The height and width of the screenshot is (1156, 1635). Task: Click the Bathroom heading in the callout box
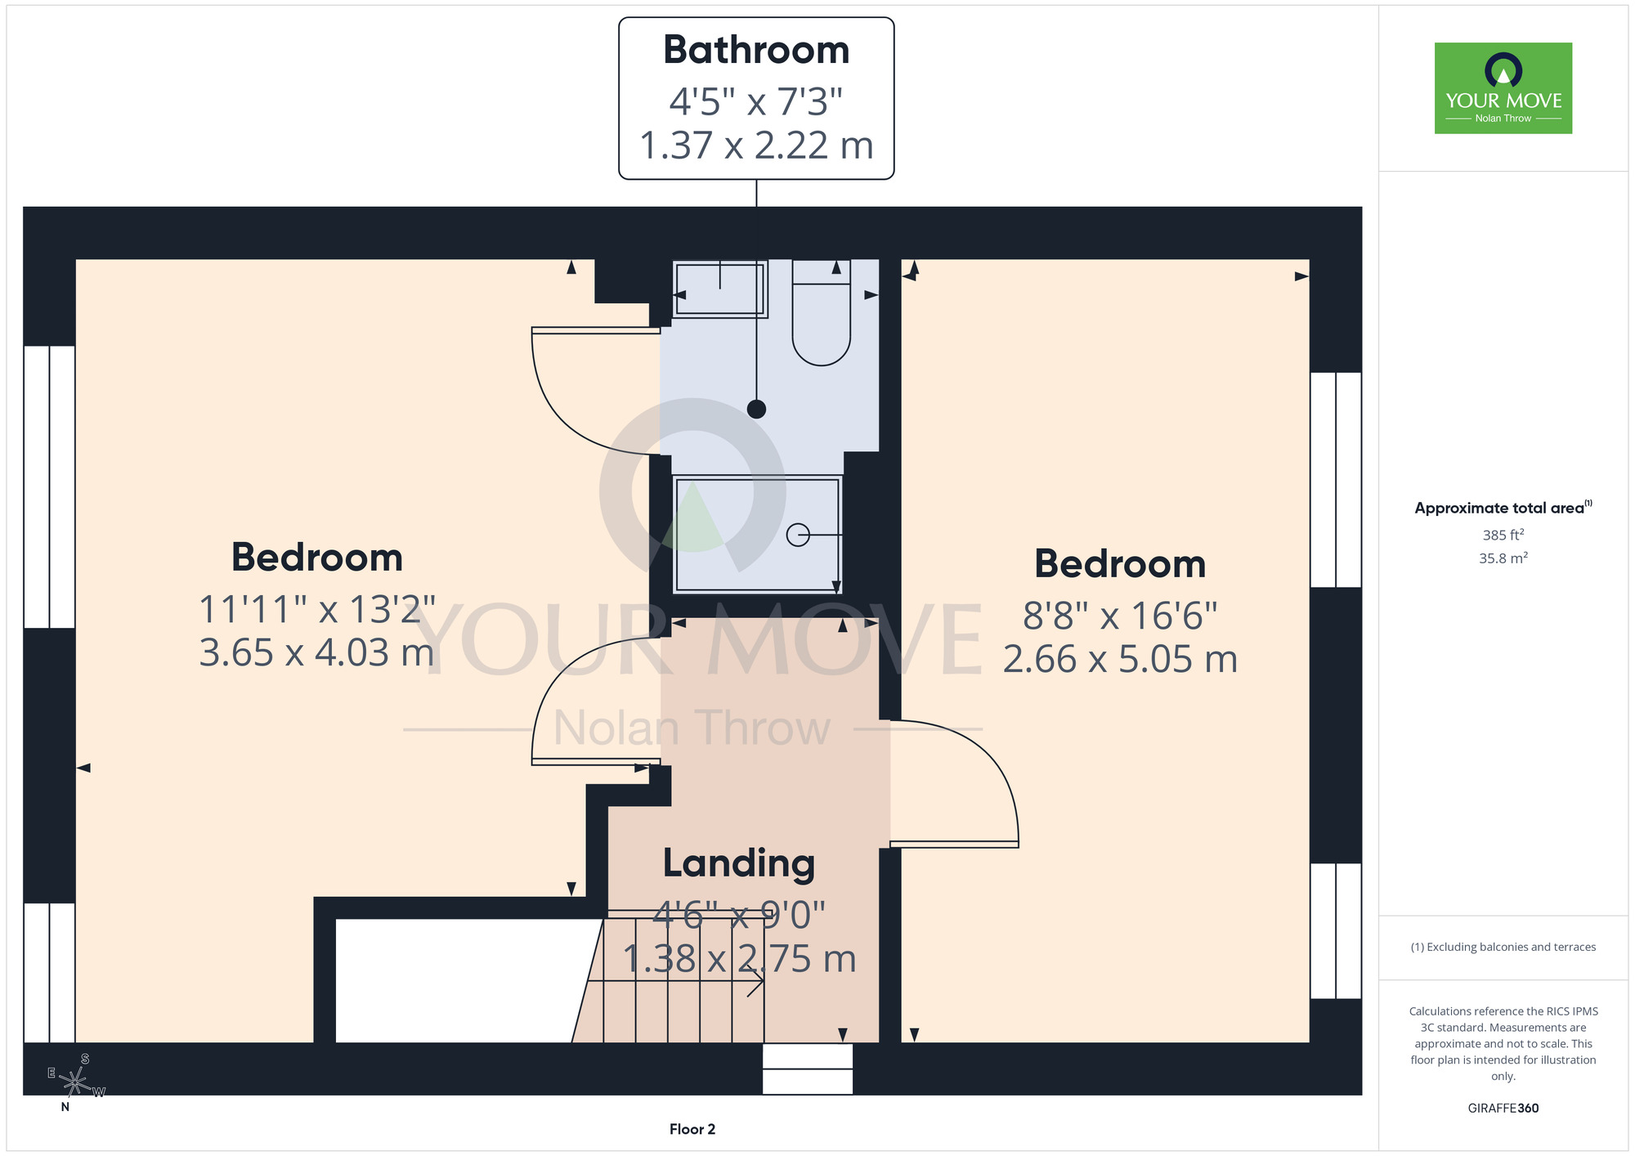tap(756, 50)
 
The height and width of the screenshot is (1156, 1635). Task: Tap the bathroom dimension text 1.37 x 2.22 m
tap(756, 146)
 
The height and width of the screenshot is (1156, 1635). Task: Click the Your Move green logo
tap(1503, 88)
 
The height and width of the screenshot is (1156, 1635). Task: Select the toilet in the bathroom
tap(822, 312)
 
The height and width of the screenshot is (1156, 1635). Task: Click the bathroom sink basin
tap(719, 289)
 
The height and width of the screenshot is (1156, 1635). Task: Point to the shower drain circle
tap(798, 535)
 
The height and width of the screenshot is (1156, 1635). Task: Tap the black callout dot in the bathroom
tap(757, 409)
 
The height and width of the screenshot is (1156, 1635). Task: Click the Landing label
tap(739, 864)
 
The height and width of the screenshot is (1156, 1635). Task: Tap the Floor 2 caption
tap(692, 1129)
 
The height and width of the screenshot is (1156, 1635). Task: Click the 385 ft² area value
tap(1503, 535)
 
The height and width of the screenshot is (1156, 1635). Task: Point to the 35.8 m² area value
tap(1503, 558)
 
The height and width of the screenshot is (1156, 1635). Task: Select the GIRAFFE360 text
tap(1503, 1109)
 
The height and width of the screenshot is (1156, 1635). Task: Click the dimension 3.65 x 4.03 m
tap(316, 652)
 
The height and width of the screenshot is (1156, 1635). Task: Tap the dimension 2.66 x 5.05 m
tap(1120, 659)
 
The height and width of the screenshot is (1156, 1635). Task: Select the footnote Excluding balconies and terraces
tap(1503, 947)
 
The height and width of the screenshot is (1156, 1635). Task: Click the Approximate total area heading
tap(1503, 508)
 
